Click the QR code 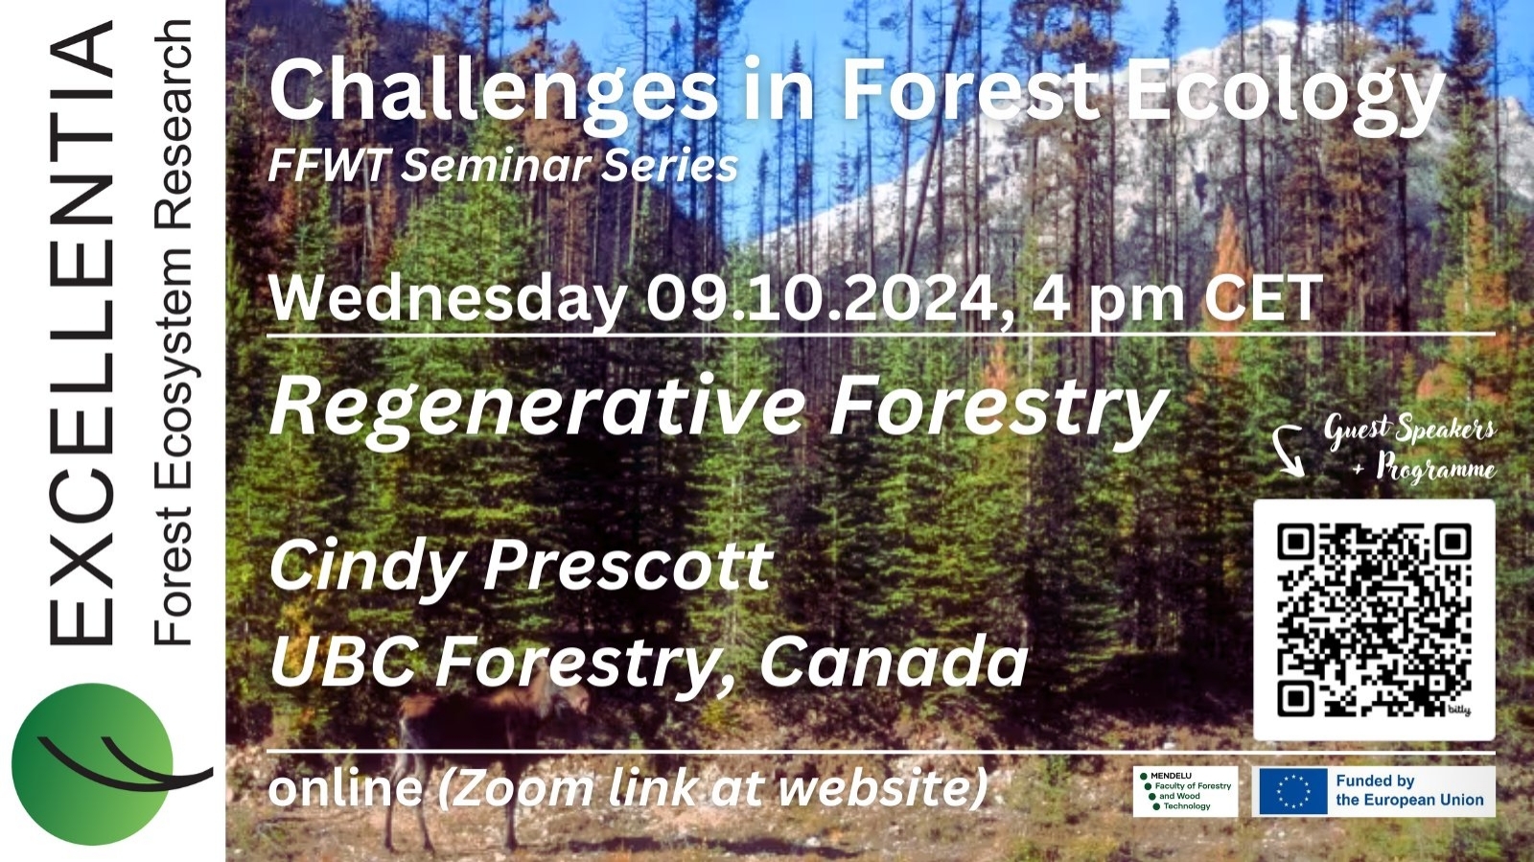pos(1374,620)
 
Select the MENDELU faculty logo pos(1185,791)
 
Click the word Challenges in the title pos(494,90)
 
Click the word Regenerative pos(538,408)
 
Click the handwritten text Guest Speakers pos(1409,431)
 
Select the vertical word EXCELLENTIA pos(81,332)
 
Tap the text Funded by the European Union pos(1409,791)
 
